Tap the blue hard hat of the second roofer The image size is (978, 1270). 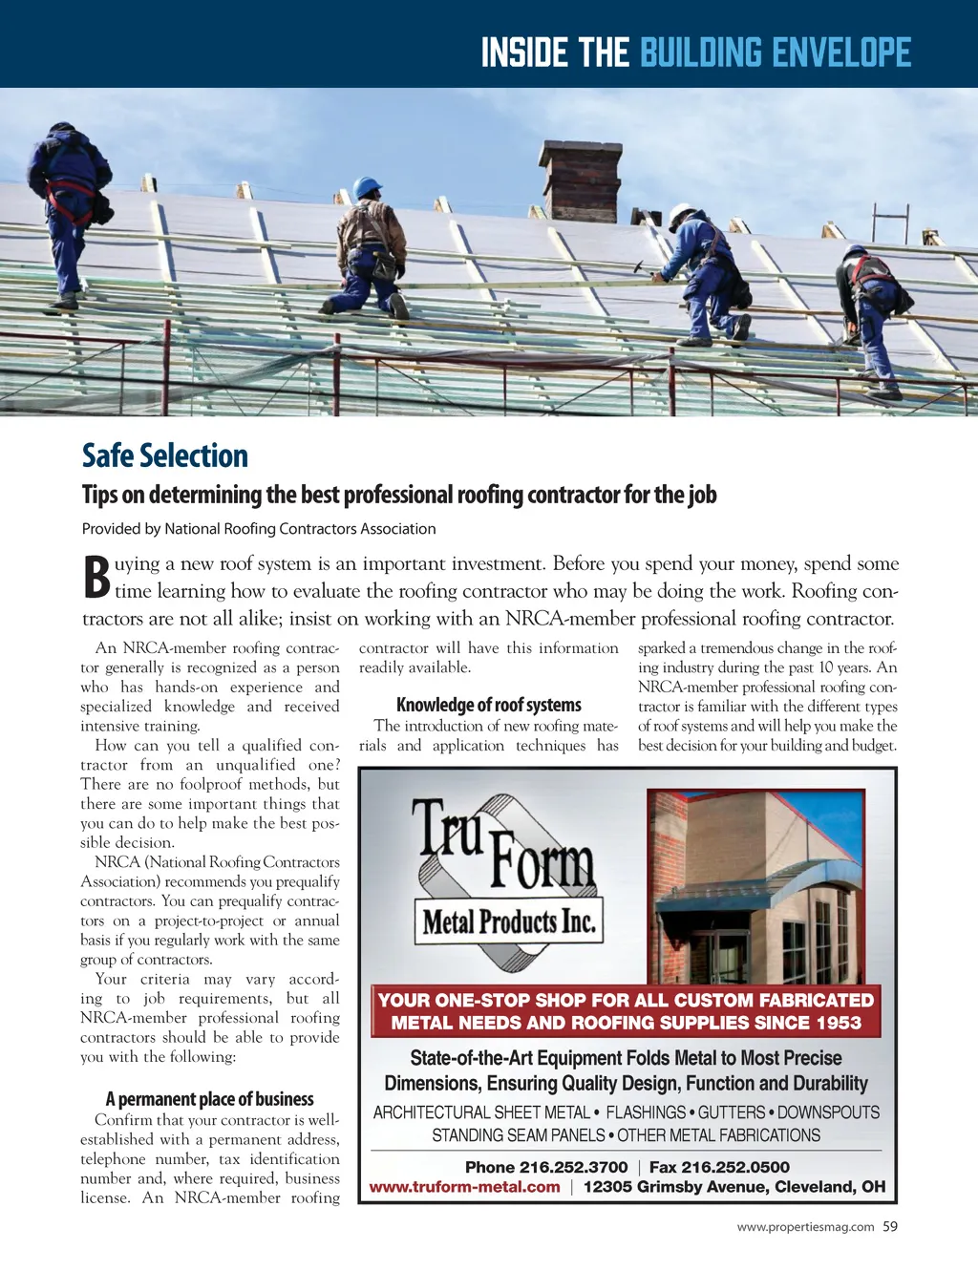click(x=366, y=187)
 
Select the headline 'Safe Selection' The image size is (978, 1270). click(x=165, y=455)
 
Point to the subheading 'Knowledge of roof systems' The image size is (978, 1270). click(x=488, y=705)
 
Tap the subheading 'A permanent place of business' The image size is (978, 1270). click(x=209, y=1099)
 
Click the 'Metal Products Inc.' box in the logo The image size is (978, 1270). click(x=509, y=921)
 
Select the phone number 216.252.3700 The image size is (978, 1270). click(x=573, y=1167)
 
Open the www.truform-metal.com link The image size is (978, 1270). click(x=465, y=1187)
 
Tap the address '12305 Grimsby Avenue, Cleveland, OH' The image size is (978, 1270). click(x=734, y=1187)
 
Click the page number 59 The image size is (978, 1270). click(x=890, y=1227)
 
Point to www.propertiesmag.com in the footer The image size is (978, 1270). click(x=805, y=1227)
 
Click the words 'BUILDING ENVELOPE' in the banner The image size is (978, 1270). click(x=776, y=53)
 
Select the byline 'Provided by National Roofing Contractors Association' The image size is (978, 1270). click(x=259, y=529)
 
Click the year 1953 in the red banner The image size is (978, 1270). click(x=838, y=1023)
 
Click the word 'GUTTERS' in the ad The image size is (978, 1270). click(x=732, y=1112)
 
